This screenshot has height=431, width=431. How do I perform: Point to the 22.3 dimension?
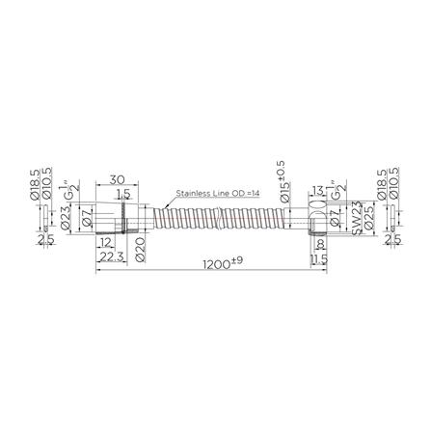(113, 256)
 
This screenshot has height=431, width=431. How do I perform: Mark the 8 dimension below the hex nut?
(318, 245)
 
